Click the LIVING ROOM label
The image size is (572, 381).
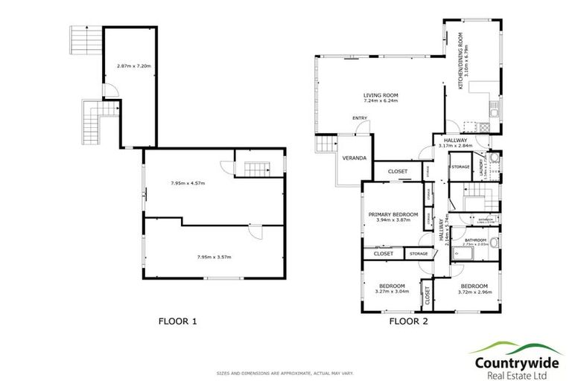[x=381, y=95]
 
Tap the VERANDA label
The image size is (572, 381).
[x=354, y=159]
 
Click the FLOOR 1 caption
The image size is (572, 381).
[x=177, y=321]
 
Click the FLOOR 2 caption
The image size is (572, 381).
[x=409, y=321]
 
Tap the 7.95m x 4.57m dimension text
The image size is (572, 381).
[x=187, y=183]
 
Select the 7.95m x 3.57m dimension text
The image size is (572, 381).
[x=214, y=257]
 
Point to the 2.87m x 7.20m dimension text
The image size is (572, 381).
[x=134, y=66]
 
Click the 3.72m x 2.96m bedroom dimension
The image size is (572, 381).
[x=474, y=292]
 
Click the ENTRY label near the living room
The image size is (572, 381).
[x=360, y=118]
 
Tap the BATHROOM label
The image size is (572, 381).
[x=475, y=240]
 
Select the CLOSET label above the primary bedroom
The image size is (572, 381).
[x=398, y=172]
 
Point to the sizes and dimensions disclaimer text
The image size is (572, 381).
[x=285, y=371]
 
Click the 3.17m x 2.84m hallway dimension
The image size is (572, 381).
[x=455, y=147]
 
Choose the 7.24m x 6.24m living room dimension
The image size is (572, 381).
[x=381, y=102]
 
